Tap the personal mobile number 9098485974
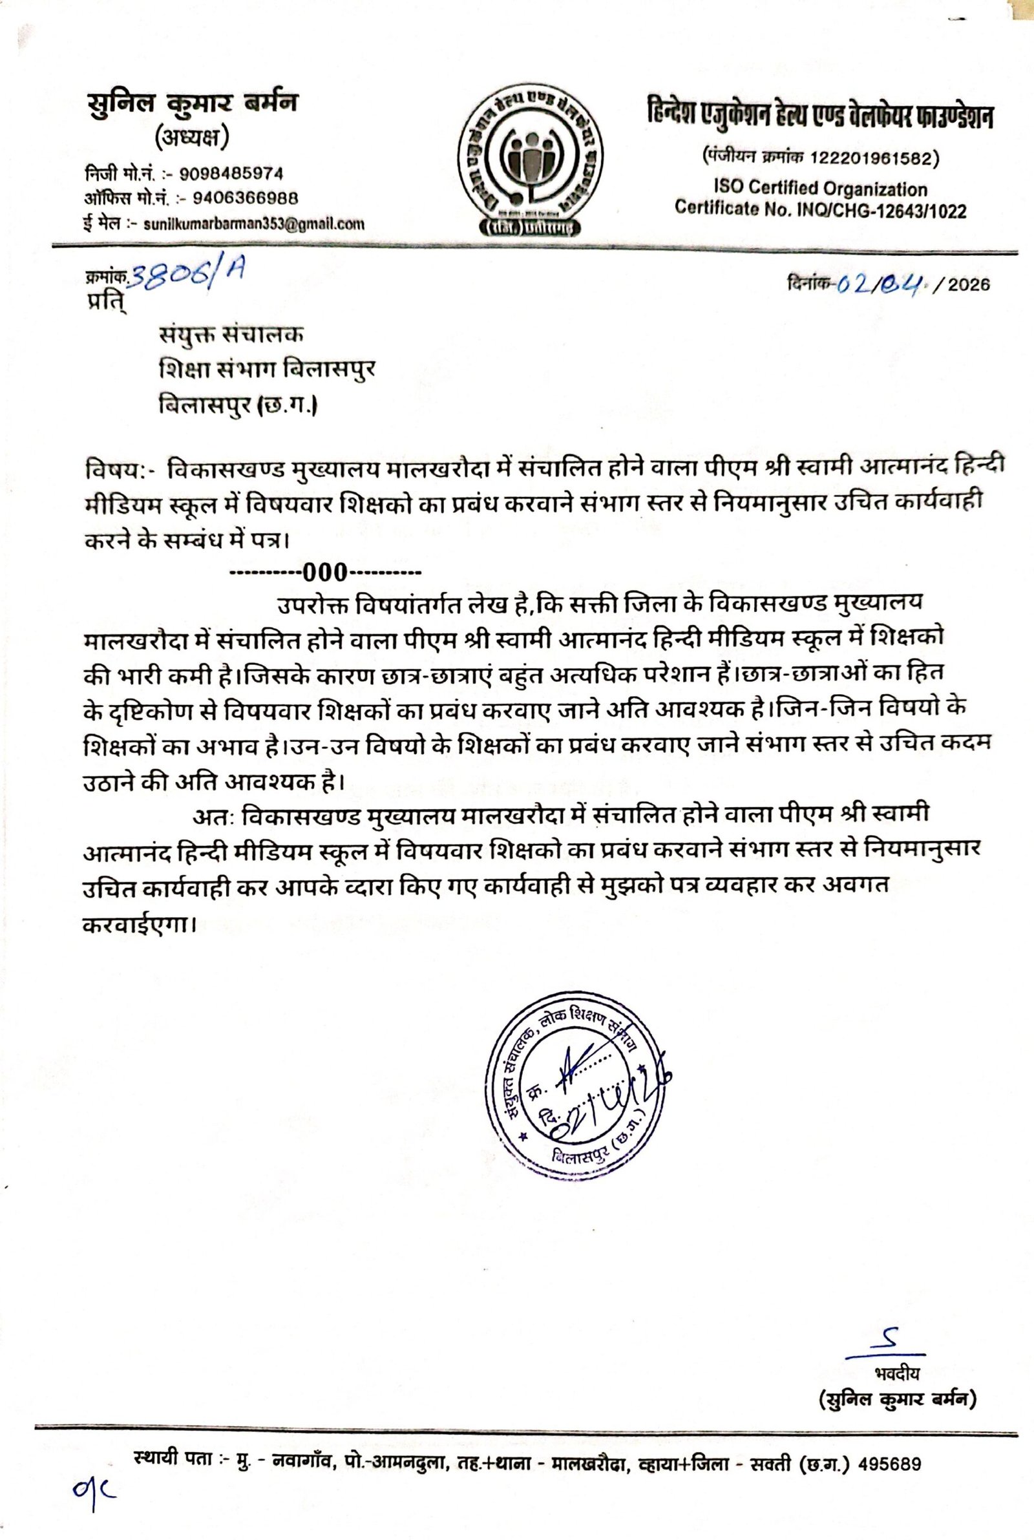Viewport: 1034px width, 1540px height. tap(231, 174)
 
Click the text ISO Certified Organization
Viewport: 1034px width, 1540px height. tap(819, 189)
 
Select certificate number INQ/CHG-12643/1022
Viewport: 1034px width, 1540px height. tap(876, 211)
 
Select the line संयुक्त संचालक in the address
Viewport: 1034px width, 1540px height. tap(231, 335)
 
